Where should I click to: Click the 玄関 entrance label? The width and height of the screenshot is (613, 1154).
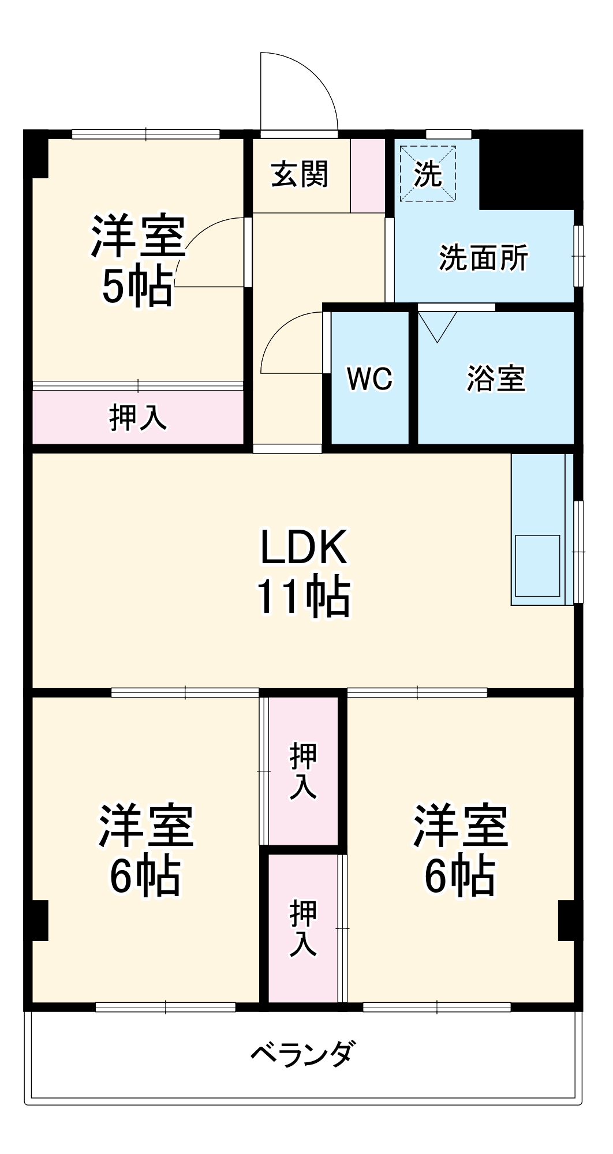(x=300, y=174)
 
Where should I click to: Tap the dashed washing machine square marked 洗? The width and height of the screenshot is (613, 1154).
(x=428, y=173)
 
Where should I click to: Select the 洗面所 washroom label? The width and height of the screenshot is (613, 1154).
(x=483, y=258)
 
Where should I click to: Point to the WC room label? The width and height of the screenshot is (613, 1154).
(x=369, y=379)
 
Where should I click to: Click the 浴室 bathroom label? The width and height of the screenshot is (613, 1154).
(x=496, y=379)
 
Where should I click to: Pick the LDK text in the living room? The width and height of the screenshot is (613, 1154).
(x=304, y=547)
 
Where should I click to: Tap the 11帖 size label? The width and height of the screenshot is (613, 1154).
(x=304, y=597)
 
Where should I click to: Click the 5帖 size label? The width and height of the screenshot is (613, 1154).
(x=137, y=287)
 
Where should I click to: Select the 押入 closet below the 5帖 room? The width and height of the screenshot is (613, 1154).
(x=137, y=417)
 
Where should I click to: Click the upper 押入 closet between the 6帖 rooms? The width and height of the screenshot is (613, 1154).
(x=303, y=771)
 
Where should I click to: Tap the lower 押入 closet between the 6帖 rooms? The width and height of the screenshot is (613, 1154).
(x=303, y=928)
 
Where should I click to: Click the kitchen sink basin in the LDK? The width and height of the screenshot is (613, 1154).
(x=537, y=565)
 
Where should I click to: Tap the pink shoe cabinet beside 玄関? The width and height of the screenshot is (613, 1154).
(x=368, y=175)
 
